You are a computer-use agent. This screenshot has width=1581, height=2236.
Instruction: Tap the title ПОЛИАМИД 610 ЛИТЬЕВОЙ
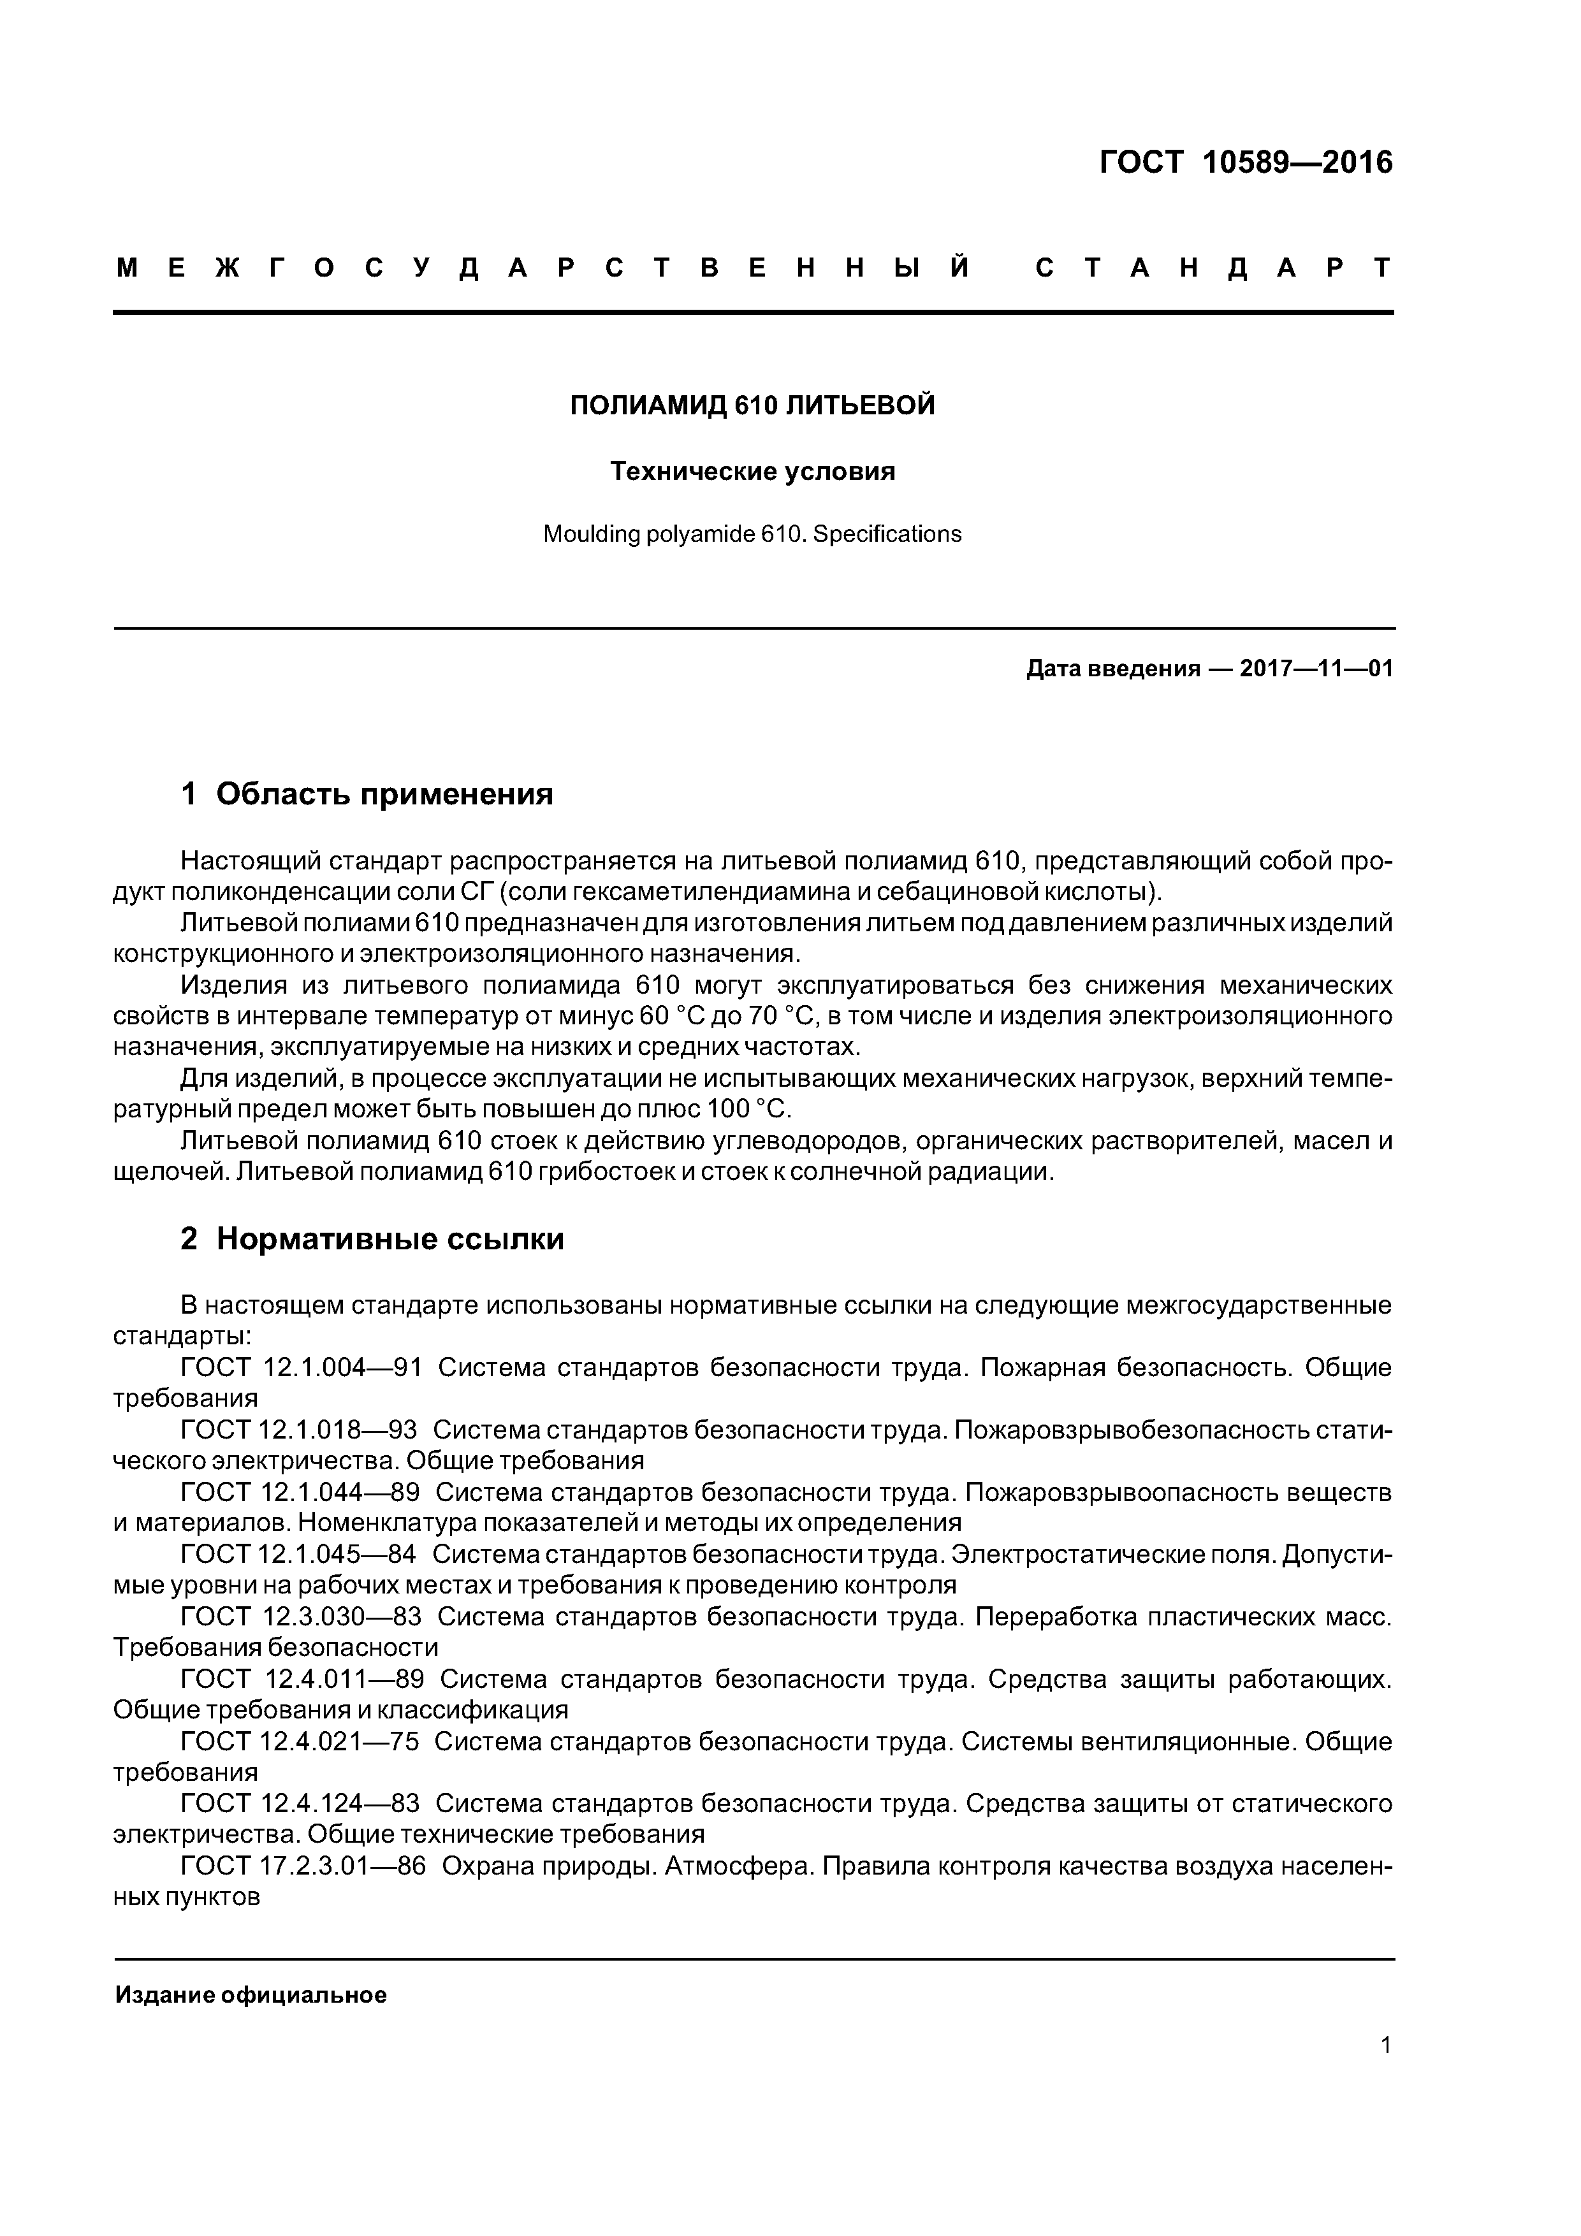752,405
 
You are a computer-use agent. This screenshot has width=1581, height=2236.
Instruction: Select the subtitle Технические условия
752,471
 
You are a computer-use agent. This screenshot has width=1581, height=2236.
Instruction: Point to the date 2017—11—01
1316,669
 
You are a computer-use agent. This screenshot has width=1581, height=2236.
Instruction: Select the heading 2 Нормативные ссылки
372,1238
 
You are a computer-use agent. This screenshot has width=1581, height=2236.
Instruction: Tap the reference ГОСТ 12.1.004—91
301,1368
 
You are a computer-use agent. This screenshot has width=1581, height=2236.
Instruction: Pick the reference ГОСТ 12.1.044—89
300,1493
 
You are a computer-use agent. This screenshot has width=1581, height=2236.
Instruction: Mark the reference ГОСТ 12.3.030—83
301,1618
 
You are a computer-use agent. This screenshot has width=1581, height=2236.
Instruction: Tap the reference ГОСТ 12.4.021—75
300,1742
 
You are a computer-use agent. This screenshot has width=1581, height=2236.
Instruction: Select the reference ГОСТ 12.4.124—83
300,1804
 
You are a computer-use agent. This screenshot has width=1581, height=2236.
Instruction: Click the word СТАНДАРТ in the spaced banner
1213,268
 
